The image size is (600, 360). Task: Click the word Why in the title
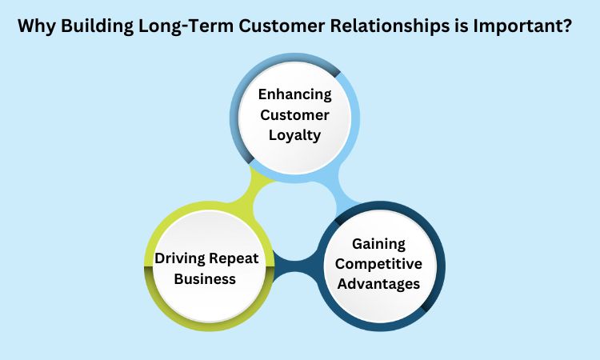[37, 26]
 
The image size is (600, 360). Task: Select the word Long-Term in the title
[186, 26]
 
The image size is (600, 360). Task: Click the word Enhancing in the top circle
[294, 94]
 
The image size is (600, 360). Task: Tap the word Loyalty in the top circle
[294, 135]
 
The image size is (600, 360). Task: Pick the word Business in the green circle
[205, 278]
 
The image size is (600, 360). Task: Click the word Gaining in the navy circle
[378, 244]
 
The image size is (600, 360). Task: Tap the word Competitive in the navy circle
[378, 264]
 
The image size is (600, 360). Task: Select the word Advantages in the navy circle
[378, 284]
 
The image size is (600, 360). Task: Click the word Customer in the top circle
[294, 114]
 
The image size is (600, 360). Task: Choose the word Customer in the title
[282, 26]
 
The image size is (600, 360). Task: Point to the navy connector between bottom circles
[295, 265]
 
